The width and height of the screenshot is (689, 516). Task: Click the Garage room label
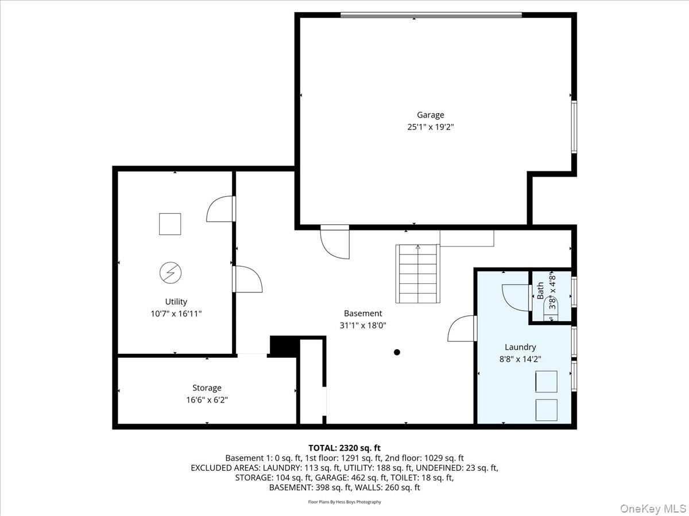coord(430,115)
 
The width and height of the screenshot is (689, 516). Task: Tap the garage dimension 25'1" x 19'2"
coord(430,128)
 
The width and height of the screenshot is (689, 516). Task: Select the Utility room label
coord(176,302)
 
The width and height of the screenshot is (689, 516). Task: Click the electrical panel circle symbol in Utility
coord(170,272)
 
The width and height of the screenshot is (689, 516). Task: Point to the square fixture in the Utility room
coord(170,224)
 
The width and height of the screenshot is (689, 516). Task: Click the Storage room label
coord(207,388)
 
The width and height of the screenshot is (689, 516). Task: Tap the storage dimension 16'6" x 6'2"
coord(207,400)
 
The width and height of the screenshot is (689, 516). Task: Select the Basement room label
coord(363,314)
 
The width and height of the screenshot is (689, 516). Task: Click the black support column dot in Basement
coord(397,353)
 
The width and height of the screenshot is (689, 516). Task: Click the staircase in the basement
coord(417,274)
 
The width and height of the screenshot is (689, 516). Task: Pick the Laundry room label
coord(520,347)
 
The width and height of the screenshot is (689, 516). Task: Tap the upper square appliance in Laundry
coord(546,381)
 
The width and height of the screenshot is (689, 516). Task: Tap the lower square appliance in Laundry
coord(546,410)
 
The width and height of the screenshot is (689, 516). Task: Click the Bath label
coord(540,291)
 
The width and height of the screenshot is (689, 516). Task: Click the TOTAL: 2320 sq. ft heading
coord(344,448)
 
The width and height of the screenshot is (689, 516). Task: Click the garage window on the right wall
coord(574,127)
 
